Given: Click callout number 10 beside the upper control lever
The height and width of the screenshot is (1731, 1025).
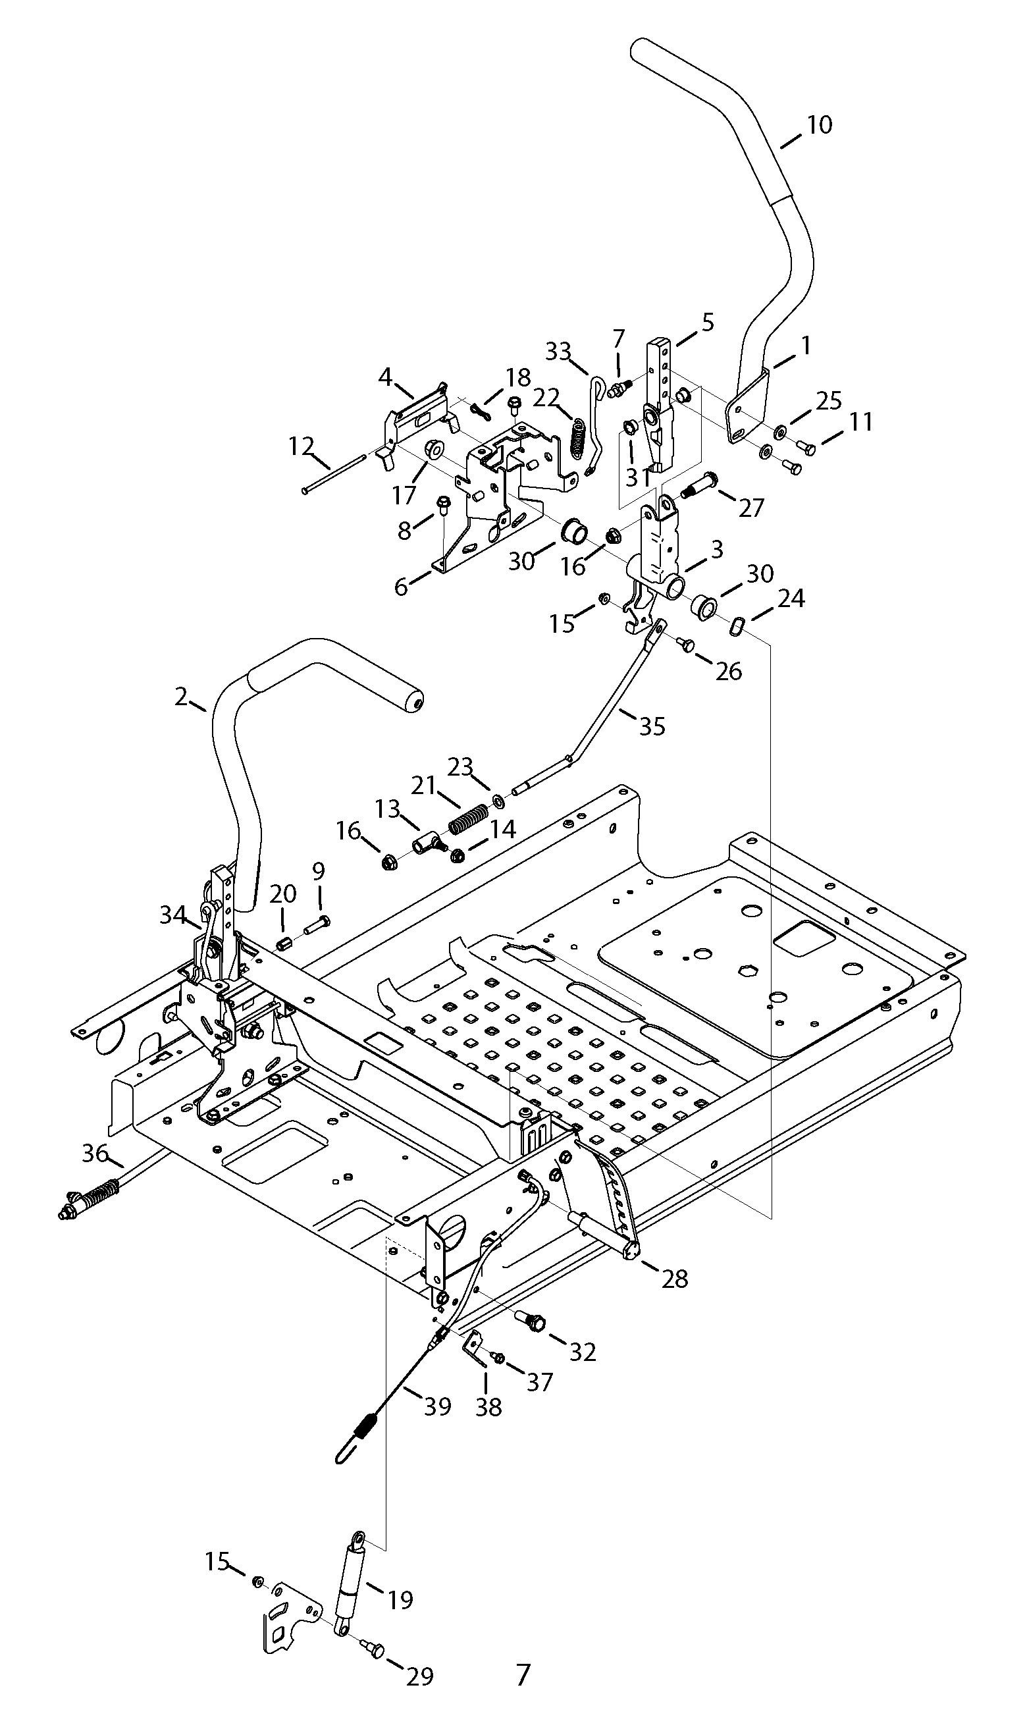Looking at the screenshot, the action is point(819,125).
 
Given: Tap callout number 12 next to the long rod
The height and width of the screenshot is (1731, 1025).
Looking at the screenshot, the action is point(302,446).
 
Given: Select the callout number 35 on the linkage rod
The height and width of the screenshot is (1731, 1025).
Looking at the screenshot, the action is point(651,726).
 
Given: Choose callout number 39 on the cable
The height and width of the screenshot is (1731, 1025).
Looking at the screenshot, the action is point(437,1406).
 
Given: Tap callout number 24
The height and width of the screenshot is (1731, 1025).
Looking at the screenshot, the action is point(791,599).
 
